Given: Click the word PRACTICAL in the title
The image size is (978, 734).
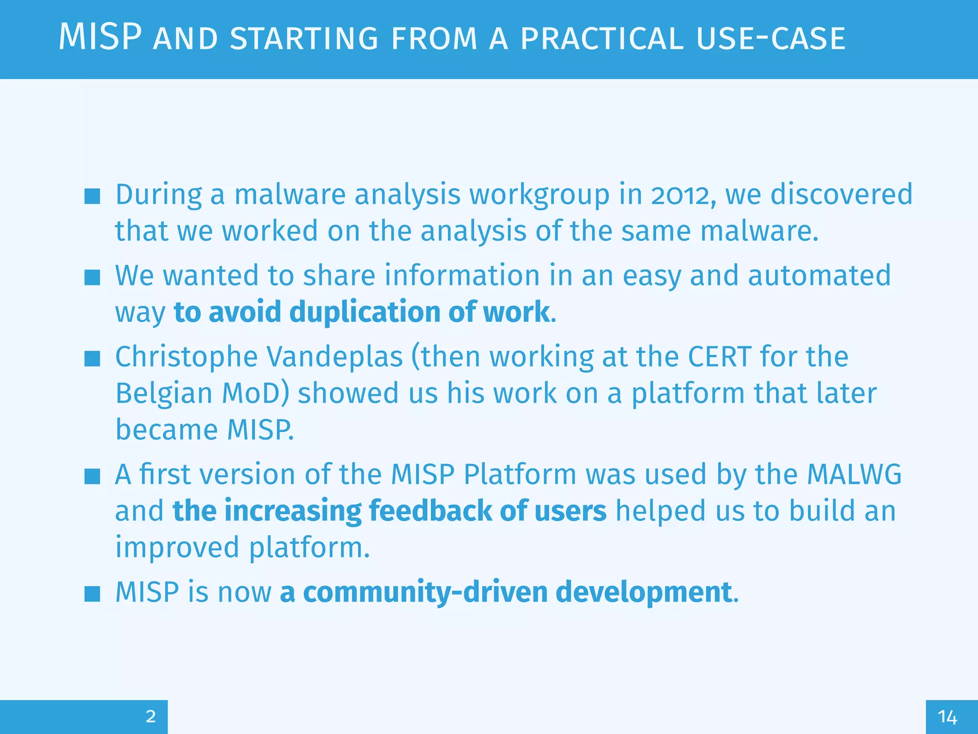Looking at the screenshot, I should pyautogui.click(x=603, y=39).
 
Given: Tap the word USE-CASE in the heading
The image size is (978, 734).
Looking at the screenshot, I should pyautogui.click(x=771, y=39).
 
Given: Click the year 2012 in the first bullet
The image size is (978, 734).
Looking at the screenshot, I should pyautogui.click(x=683, y=195).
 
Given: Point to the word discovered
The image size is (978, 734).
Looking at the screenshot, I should pyautogui.click(x=841, y=195).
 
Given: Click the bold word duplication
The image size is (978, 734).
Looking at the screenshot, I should pyautogui.click(x=364, y=312).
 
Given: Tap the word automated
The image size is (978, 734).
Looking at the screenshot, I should pyautogui.click(x=819, y=276).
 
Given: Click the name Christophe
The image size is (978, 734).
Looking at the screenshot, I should pyautogui.click(x=186, y=357).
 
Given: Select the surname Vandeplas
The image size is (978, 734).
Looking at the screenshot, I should pyautogui.click(x=334, y=357).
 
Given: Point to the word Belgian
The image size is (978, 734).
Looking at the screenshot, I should pyautogui.click(x=164, y=393).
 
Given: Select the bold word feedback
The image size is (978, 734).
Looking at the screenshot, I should pyautogui.click(x=429, y=511).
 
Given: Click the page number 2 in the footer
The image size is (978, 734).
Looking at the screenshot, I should pyautogui.click(x=150, y=716).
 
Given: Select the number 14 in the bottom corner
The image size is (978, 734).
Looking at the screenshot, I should pyautogui.click(x=947, y=717).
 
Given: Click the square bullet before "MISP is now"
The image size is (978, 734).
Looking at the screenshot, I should pyautogui.click(x=92, y=594).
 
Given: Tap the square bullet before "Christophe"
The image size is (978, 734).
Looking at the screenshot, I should pyautogui.click(x=92, y=358).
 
